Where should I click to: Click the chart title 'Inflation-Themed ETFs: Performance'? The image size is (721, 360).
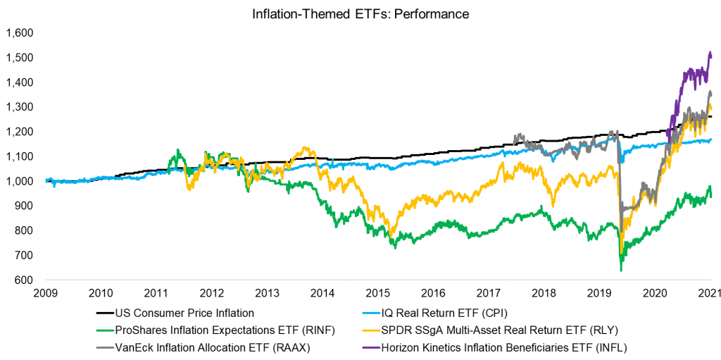point(360,13)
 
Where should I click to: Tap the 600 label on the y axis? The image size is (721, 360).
point(25,280)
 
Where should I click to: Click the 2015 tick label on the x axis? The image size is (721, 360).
point(378,293)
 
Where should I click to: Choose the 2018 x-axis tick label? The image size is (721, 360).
point(544,293)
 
